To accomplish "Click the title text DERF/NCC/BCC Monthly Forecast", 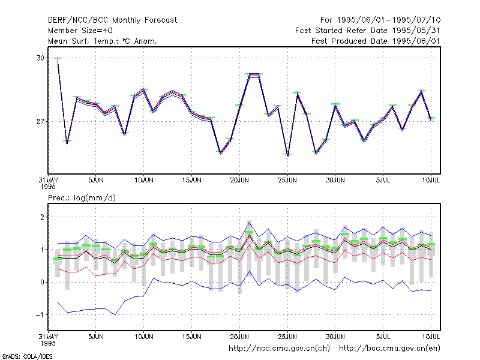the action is point(112,20).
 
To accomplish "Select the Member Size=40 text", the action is point(80,31).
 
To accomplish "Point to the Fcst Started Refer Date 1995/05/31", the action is point(368,31).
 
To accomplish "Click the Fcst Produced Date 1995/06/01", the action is point(376,41).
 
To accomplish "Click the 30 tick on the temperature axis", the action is point(40,58).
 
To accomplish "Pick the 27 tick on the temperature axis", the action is point(40,122).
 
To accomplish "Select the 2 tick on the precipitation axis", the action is point(42,217).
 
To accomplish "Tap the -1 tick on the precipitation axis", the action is point(40,314).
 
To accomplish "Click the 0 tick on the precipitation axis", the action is point(42,282).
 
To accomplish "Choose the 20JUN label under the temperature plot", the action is point(239,181).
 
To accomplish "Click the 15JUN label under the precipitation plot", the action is point(191,337).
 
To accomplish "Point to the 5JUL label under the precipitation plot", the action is point(383,337).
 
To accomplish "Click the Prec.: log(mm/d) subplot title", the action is point(82,198).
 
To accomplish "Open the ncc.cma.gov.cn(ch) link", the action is point(279,349).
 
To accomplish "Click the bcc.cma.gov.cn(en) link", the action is point(389,349).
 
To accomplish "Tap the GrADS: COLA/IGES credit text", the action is point(27,356).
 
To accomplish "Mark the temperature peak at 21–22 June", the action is point(254,74).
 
